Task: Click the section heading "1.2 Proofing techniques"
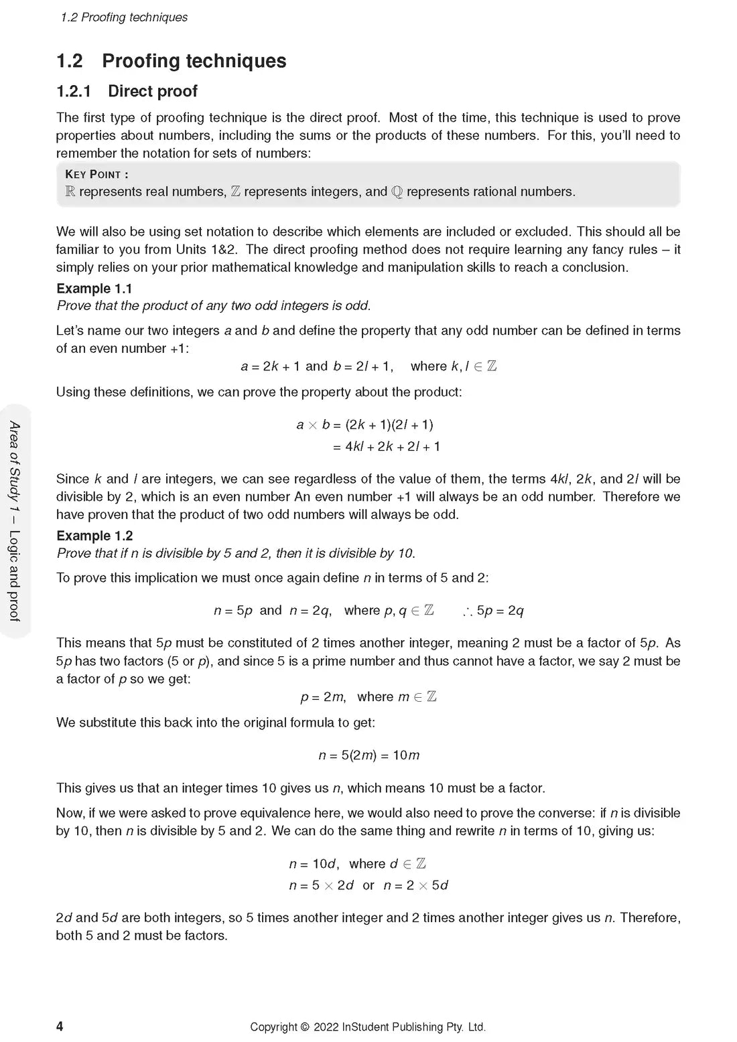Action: pos(171,61)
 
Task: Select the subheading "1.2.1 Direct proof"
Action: pos(127,91)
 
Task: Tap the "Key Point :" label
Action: pos(96,174)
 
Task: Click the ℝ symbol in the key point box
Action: pos(70,192)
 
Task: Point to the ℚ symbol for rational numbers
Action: pos(397,192)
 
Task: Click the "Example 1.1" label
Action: pos(94,289)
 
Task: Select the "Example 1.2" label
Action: pos(94,536)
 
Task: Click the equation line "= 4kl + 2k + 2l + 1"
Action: pos(387,447)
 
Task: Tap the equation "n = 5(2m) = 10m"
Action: pos(368,755)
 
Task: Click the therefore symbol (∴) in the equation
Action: pos(467,611)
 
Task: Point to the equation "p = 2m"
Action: pos(323,697)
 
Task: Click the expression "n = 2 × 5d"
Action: pos(415,885)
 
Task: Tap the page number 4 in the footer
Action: pos(60,1027)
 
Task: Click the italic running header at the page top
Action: pos(124,17)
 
